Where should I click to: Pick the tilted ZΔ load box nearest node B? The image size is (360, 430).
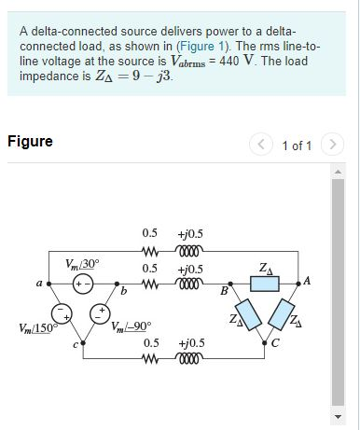tap(246, 314)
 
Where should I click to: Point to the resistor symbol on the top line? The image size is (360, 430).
tap(149, 250)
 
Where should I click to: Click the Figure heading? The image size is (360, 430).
tap(30, 142)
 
